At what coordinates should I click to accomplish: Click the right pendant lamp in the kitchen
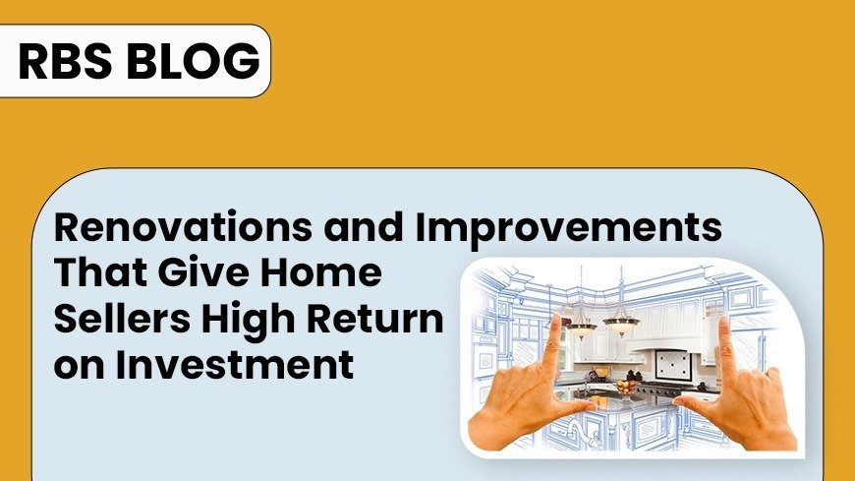point(621,326)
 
